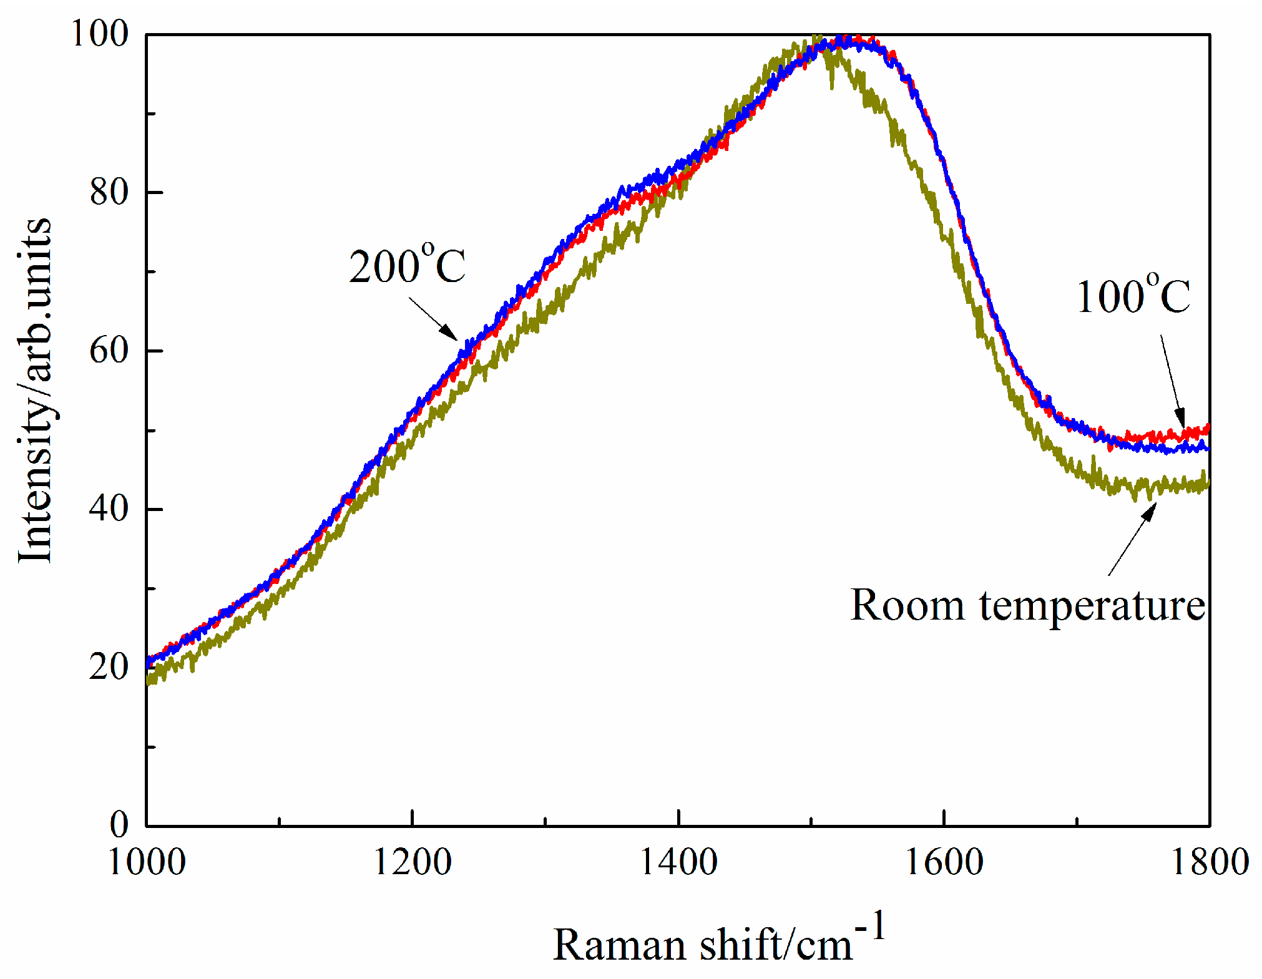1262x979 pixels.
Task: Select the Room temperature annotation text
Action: (1027, 605)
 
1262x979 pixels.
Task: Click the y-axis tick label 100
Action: (99, 34)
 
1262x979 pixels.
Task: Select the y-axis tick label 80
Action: (109, 192)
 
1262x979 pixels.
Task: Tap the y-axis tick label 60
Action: (109, 351)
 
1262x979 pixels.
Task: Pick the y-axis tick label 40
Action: (109, 509)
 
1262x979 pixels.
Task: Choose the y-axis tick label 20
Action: (109, 668)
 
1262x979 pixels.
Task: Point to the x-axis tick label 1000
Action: (147, 863)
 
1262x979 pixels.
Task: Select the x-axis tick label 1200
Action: (412, 863)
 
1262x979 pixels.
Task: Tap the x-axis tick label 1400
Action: (678, 863)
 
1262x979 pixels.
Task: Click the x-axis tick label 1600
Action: (944, 863)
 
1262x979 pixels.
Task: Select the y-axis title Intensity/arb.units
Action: (35, 390)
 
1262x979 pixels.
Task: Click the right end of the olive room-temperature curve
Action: (1208, 482)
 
